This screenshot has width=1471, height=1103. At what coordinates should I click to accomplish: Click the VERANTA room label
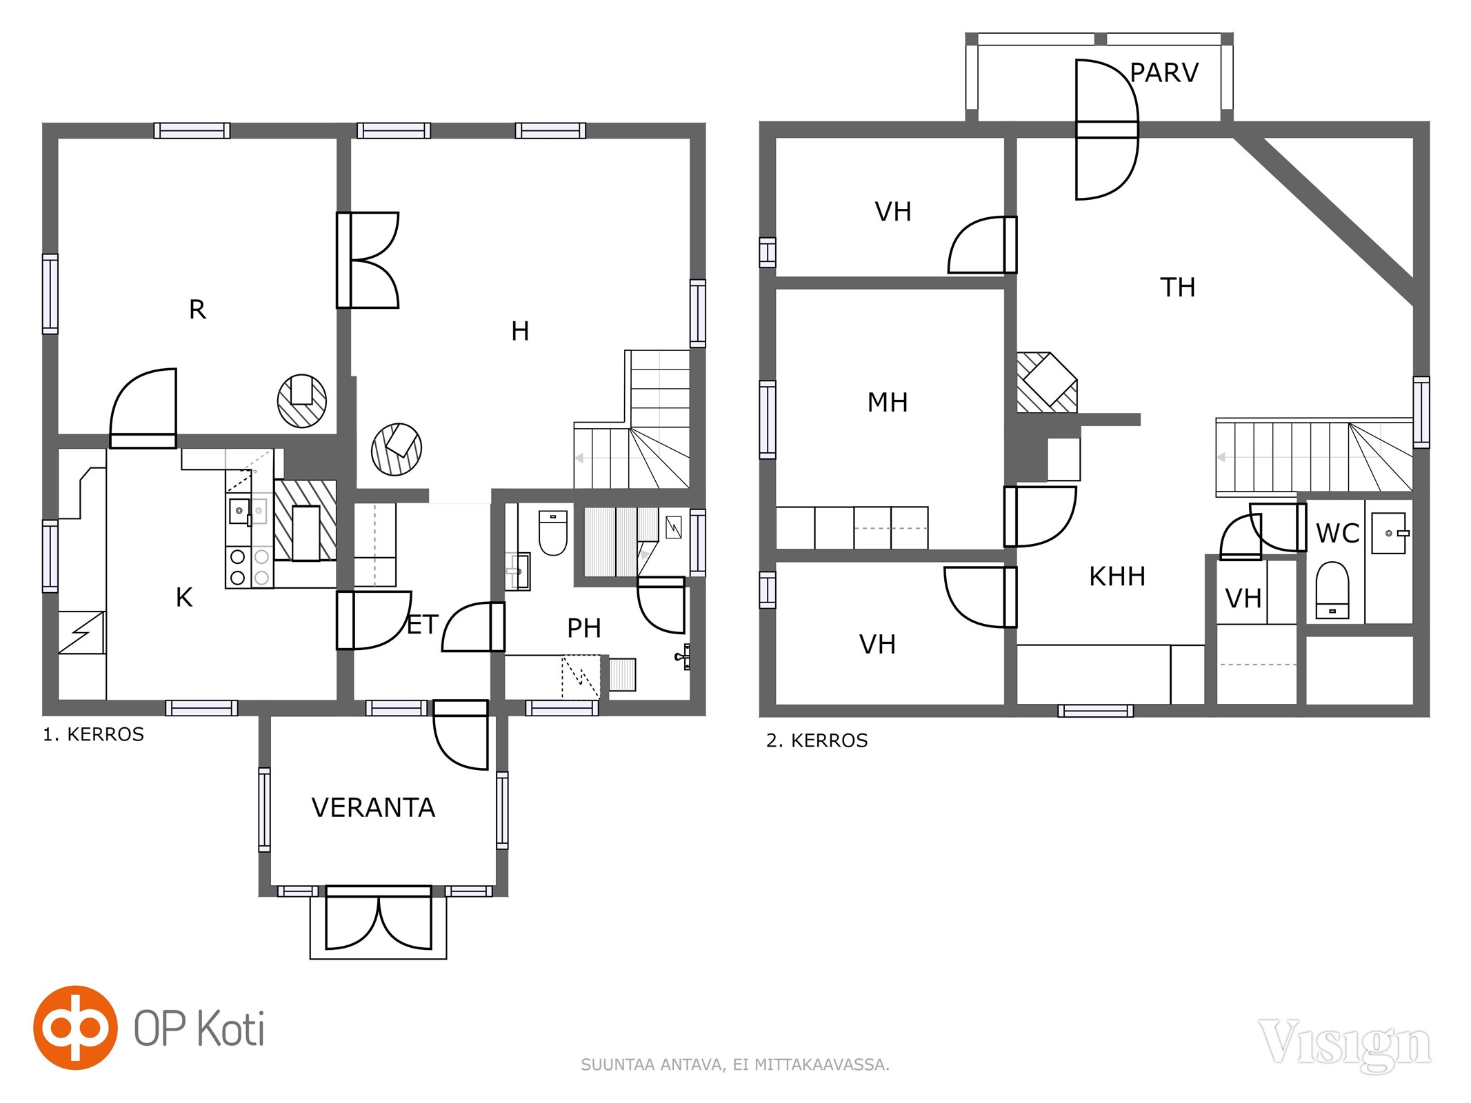pos(373,807)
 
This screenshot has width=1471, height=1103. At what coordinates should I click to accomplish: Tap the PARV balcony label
pos(1164,72)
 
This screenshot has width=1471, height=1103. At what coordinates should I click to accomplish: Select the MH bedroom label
pos(888,402)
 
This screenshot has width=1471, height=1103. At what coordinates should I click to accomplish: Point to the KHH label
pos(1117,576)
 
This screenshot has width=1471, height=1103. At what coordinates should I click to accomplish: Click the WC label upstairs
pos(1337,533)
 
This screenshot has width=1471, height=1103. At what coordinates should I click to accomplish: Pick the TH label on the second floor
pos(1177,287)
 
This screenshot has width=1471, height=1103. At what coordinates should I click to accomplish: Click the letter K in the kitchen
pos(184,598)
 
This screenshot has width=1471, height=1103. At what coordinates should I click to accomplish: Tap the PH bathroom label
pos(584,628)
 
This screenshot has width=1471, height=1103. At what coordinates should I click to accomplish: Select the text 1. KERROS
pos(94,734)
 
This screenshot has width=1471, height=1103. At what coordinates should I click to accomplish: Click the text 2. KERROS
pos(817,740)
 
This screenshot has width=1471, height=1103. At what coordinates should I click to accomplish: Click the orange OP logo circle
pos(75,1027)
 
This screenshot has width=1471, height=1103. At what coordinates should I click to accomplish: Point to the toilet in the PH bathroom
pos(552,533)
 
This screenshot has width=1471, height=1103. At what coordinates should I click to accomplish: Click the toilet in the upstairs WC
pos(1332,590)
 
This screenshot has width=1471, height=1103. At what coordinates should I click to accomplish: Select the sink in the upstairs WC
pos(1389,533)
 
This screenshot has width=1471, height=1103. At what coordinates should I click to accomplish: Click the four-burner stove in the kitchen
pos(250,567)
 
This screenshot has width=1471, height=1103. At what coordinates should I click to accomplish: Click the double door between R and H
pos(368,260)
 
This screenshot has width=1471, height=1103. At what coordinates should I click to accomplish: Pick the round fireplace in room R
pos(302,401)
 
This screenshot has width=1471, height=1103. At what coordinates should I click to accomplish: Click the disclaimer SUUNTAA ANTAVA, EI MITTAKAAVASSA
pos(735,1065)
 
